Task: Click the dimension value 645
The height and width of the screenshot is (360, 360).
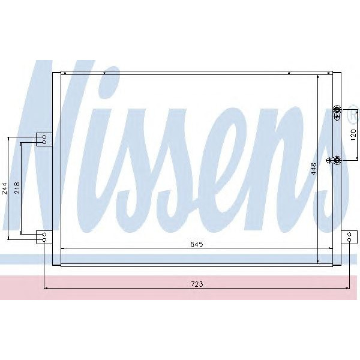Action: tap(197, 244)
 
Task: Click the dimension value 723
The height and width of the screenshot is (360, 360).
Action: tap(196, 284)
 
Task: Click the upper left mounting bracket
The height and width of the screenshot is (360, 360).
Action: tap(43, 139)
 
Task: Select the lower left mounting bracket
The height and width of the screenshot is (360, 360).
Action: tap(43, 237)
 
